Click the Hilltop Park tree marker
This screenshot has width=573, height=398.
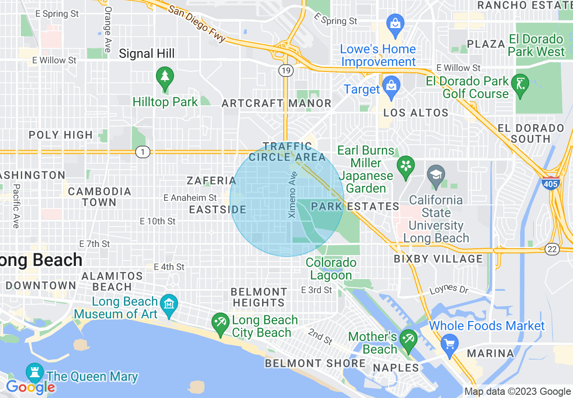[165, 78]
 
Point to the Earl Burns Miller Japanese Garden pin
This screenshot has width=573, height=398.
[406, 166]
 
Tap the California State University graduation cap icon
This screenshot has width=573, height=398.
[436, 176]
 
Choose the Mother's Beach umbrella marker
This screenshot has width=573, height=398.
[409, 341]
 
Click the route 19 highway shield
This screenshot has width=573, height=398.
[286, 70]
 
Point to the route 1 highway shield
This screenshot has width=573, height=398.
[143, 152]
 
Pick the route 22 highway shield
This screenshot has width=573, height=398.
[552, 248]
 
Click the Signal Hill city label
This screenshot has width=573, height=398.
[146, 53]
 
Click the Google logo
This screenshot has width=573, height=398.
[30, 387]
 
